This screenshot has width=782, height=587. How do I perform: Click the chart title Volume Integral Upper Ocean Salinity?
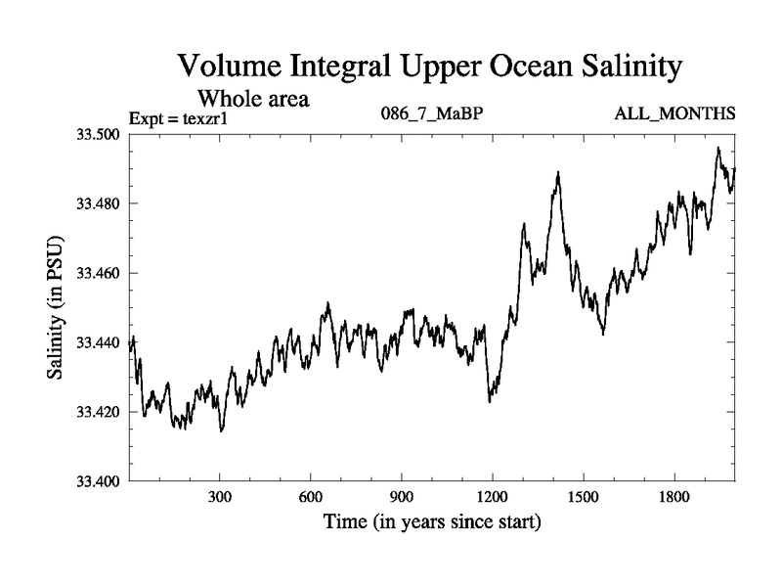(x=427, y=68)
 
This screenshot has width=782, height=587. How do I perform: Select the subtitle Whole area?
(x=255, y=98)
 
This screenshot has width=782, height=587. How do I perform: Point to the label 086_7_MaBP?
(x=431, y=115)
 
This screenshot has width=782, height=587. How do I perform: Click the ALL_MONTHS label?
(x=674, y=115)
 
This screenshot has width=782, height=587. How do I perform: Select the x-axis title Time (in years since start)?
(x=432, y=522)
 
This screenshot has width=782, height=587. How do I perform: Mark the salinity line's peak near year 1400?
(x=557, y=172)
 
